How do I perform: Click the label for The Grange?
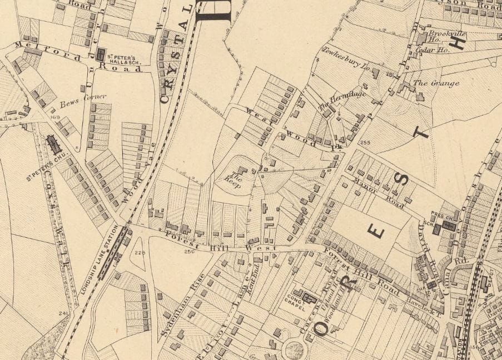point(436,83)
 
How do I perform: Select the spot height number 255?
point(365,143)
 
